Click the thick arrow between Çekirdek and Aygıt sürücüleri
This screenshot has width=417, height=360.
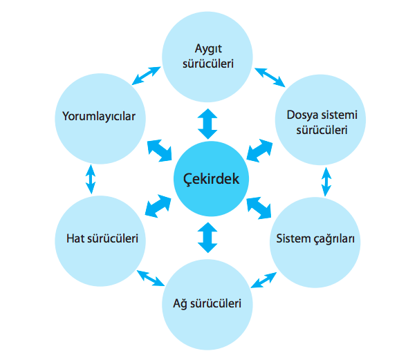coord(207,124)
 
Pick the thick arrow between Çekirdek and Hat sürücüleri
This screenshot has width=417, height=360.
coord(159,206)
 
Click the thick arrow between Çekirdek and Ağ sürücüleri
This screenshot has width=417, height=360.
coord(207,237)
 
